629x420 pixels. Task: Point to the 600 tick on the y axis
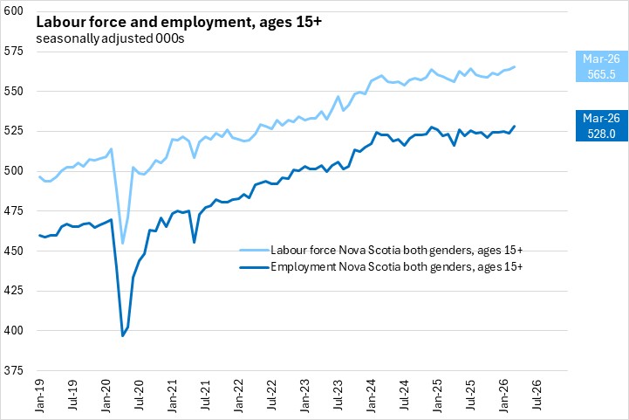16,10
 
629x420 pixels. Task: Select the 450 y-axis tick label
16,251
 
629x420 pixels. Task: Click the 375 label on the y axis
16,370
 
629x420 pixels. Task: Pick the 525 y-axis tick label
16,131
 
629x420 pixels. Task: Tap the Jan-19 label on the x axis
41,398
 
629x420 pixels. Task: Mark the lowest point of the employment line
123,335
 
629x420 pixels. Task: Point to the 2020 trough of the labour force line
123,244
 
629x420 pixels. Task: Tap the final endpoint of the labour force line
515,66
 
